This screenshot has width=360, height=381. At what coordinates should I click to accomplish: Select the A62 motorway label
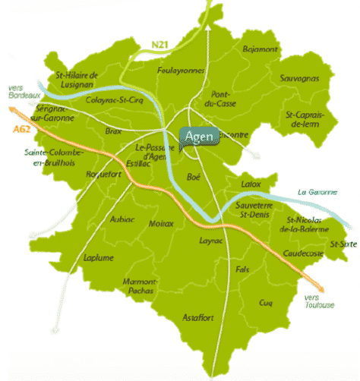point(21,131)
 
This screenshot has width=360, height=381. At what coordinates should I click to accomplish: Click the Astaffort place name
point(200,316)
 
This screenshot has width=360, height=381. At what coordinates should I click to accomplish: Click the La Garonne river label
point(317,192)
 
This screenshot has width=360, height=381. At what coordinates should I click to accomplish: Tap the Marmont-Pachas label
point(139,286)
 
